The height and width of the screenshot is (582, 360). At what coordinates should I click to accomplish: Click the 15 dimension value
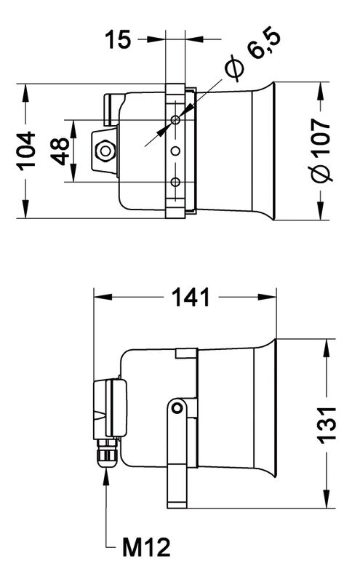pos(118,39)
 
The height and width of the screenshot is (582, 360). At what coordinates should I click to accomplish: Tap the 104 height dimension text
pos(27,151)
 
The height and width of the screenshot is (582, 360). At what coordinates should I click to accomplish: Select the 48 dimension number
pos(60,151)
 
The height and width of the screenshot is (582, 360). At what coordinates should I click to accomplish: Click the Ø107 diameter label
pos(321,151)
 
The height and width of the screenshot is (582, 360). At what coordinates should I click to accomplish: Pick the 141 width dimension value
pos(191,298)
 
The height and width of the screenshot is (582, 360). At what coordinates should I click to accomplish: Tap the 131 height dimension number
pos(327,425)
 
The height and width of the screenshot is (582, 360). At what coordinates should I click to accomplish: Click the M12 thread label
pos(146,547)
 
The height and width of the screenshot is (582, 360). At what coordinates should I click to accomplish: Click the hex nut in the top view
pos(105,151)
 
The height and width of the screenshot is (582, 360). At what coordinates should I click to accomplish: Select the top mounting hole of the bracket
pos(175,119)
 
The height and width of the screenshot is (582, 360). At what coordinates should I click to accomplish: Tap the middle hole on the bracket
pos(175,151)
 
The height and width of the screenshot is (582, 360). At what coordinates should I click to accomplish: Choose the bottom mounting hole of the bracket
pos(175,182)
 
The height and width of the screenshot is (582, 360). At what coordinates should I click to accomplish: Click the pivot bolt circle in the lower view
pos(178,408)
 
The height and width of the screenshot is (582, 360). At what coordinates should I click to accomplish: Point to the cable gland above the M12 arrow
pos(107,453)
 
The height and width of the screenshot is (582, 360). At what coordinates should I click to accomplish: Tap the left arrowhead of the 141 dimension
pos(103,297)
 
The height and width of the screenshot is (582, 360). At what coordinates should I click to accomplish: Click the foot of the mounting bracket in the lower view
pos(177,505)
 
